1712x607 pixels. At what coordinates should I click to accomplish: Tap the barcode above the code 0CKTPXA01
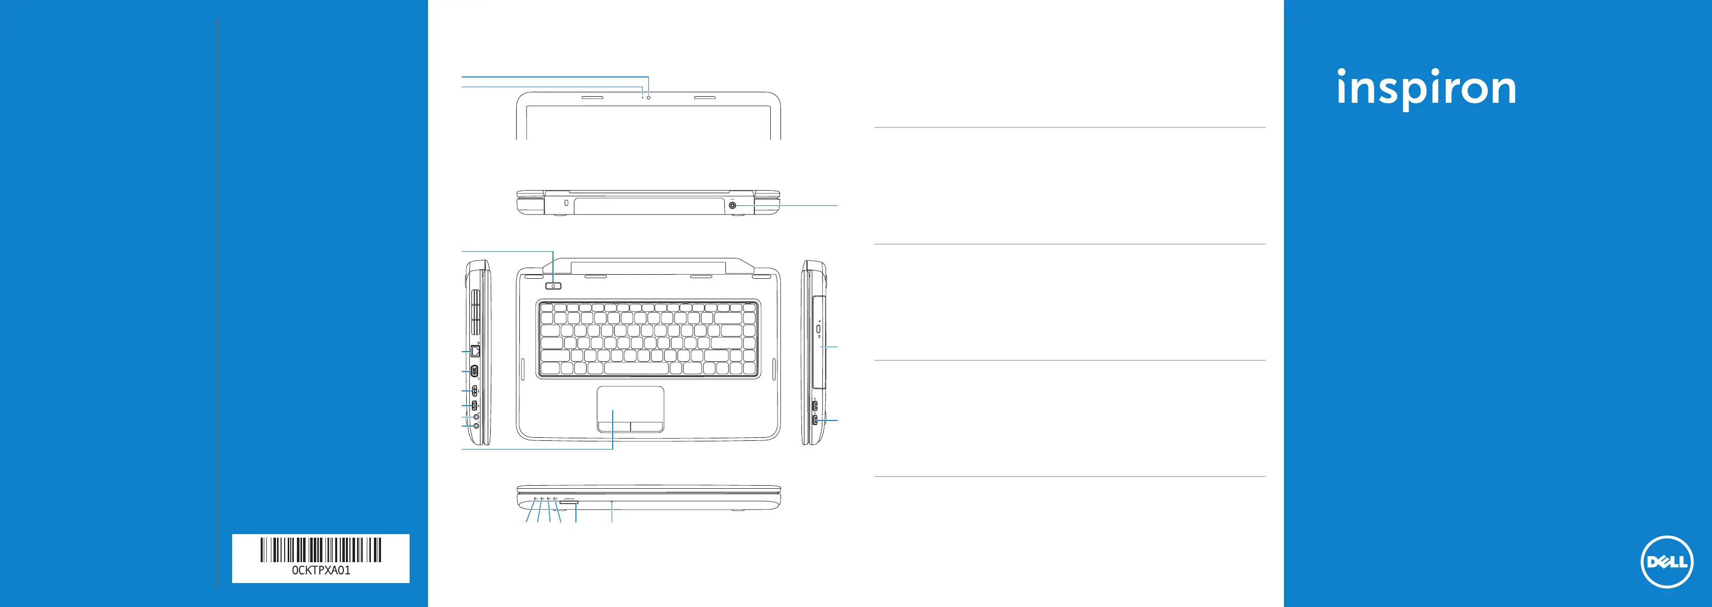coord(320,549)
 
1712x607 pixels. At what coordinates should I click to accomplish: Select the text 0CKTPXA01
coord(320,570)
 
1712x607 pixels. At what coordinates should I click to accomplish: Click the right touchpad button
coord(647,426)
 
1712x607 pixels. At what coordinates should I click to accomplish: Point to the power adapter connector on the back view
coord(733,206)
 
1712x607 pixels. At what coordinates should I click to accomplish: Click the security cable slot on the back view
coord(566,202)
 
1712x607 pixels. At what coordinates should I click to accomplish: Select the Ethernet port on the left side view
coord(475,350)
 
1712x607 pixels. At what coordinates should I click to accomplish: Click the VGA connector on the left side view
coord(474,371)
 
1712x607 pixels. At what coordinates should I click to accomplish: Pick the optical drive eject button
coord(818,329)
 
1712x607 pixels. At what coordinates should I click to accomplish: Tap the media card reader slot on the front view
coord(569,504)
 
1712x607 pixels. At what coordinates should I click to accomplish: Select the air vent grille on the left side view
coord(476,311)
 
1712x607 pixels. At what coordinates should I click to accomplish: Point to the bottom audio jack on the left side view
coord(476,425)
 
